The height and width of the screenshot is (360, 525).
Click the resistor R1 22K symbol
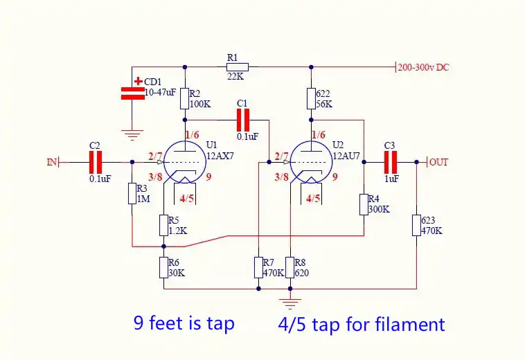click(x=242, y=67)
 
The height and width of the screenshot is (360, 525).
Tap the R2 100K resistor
click(x=185, y=98)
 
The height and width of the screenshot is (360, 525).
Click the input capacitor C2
click(x=96, y=162)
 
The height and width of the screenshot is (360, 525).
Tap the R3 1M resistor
click(x=132, y=194)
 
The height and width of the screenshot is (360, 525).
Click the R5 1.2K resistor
click(x=163, y=225)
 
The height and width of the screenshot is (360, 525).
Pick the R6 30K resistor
click(x=163, y=267)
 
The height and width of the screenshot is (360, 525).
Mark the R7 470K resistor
click(x=258, y=267)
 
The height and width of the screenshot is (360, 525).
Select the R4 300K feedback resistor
click(x=364, y=204)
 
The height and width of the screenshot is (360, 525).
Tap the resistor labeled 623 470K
click(x=417, y=225)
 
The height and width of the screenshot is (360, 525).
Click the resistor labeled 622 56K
click(x=311, y=98)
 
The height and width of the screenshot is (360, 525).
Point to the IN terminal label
click(x=52, y=162)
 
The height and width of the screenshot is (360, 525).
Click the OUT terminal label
click(x=439, y=162)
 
